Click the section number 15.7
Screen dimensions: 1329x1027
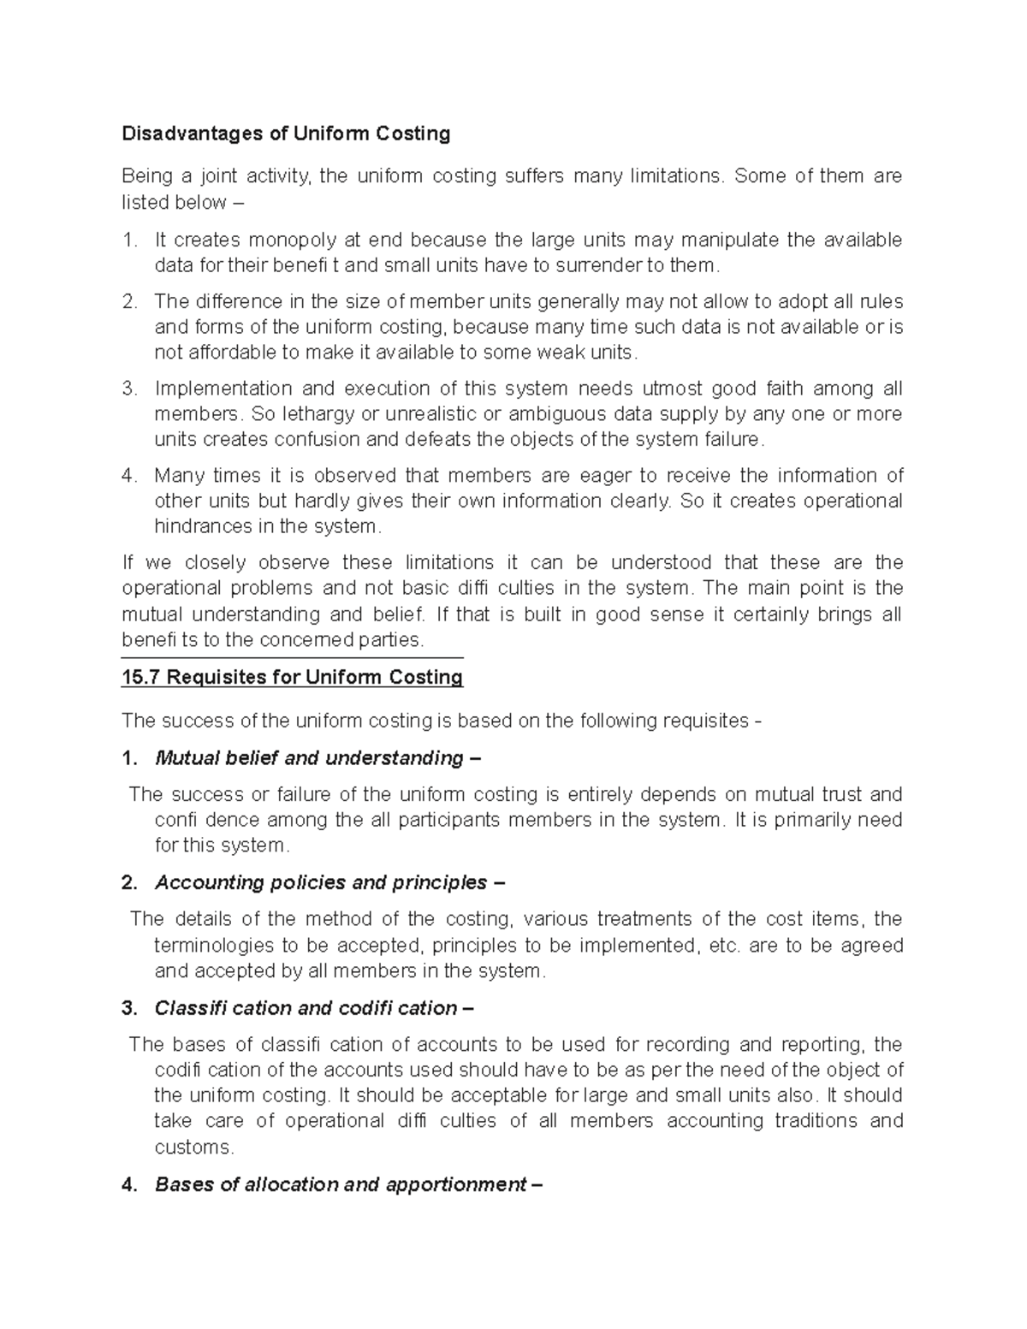141,678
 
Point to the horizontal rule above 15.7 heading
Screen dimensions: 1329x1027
292,657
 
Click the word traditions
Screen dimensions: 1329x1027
816,1121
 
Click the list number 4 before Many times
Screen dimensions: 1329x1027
128,475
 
